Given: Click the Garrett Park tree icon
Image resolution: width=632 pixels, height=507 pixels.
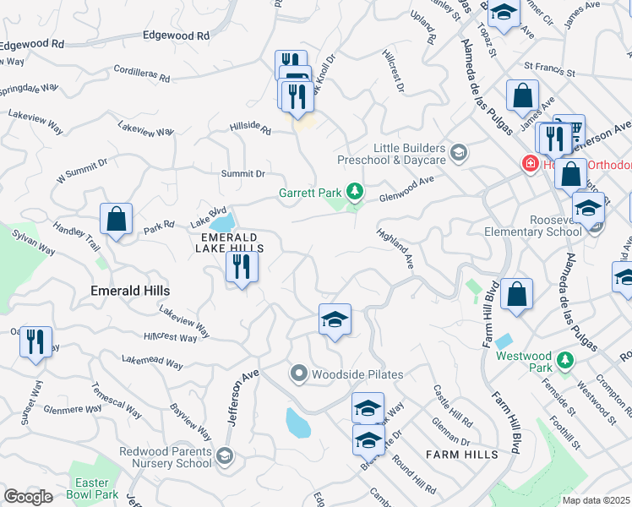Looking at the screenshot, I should tap(356, 193).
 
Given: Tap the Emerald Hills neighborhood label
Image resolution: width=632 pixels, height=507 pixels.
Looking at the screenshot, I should tap(130, 291).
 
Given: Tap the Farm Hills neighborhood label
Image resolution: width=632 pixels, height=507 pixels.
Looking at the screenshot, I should tap(462, 455).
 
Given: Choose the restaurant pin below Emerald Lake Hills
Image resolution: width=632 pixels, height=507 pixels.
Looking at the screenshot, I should tap(242, 268).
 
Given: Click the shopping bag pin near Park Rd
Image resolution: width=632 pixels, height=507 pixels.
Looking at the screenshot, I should tap(116, 219).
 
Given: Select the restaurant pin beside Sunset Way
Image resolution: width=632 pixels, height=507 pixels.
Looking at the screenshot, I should tap(35, 341).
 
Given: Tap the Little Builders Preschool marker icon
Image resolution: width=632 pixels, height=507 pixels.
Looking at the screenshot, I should tap(459, 153).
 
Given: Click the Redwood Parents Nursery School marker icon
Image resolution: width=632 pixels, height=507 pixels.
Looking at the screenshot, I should tap(225, 457).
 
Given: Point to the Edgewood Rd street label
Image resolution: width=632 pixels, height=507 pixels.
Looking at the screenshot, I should tap(176, 36).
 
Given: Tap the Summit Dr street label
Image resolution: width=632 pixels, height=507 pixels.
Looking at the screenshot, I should tap(242, 174).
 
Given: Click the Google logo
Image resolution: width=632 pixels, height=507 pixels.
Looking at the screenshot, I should tap(28, 497).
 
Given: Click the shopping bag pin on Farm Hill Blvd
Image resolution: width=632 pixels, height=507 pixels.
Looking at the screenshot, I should tap(516, 294).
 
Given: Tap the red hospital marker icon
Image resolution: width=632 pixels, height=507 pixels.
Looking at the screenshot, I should tap(531, 164).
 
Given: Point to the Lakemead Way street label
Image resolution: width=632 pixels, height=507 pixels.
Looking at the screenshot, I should tap(152, 363).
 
